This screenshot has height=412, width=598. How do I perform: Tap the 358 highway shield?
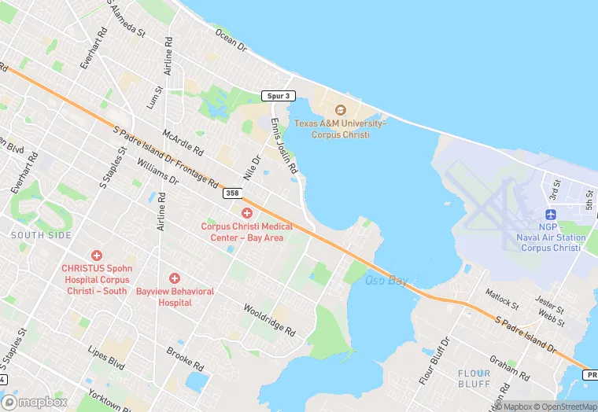231,193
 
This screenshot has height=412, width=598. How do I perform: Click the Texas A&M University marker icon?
340,110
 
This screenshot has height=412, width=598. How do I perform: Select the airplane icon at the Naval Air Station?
551,215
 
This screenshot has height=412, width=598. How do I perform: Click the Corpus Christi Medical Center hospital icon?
247,213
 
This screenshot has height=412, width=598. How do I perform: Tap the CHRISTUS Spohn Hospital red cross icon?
97,256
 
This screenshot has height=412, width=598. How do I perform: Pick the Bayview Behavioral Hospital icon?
175,278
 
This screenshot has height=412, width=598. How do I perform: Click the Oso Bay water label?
386,280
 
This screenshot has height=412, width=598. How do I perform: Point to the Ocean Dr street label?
231,37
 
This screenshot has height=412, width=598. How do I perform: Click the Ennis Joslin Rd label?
284,146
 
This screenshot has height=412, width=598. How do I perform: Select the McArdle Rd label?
183,142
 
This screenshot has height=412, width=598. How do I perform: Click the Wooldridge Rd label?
268,320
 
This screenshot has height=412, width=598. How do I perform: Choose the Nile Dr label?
252,169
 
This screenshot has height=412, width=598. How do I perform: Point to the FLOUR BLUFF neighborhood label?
474,378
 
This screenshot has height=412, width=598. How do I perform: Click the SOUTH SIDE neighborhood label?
41,235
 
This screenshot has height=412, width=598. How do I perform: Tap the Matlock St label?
502,299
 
